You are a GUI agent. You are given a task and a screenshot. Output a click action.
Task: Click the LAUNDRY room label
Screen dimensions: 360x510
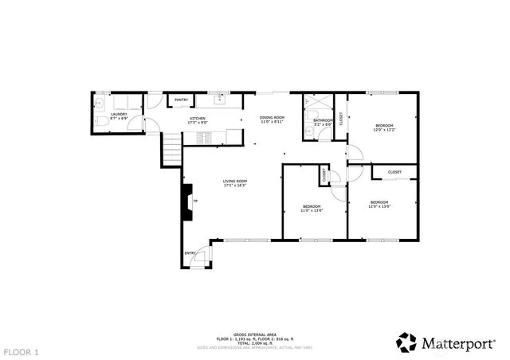[x=119, y=114]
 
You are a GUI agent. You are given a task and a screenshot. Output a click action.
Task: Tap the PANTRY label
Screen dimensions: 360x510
[x=181, y=100]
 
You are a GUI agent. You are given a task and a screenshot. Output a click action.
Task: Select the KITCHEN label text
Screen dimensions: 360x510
[x=197, y=119]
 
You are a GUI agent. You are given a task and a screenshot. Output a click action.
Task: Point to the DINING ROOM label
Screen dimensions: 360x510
[x=272, y=117]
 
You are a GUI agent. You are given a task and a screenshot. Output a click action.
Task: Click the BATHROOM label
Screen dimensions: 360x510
[x=322, y=119]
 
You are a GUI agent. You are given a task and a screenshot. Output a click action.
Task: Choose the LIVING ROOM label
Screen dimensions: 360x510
[x=234, y=181]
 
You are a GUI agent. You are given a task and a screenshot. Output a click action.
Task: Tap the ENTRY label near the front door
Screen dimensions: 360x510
[x=190, y=253]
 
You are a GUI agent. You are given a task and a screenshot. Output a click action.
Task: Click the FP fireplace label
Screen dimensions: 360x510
[x=195, y=202]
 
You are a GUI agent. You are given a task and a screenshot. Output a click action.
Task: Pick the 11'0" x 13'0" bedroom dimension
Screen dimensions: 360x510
[x=311, y=211]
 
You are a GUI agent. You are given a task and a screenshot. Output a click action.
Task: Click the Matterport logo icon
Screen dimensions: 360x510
[x=408, y=342]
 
